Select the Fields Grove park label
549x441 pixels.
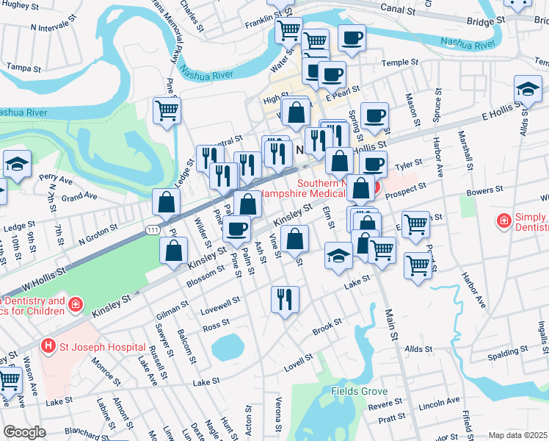(359, 391)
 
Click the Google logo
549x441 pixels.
(25, 432)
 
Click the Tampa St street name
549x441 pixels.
(23, 68)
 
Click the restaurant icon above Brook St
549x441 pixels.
(284, 298)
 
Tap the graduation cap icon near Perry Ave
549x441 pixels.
(16, 164)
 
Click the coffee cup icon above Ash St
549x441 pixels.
(236, 229)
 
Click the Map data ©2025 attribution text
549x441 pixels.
(518, 435)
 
